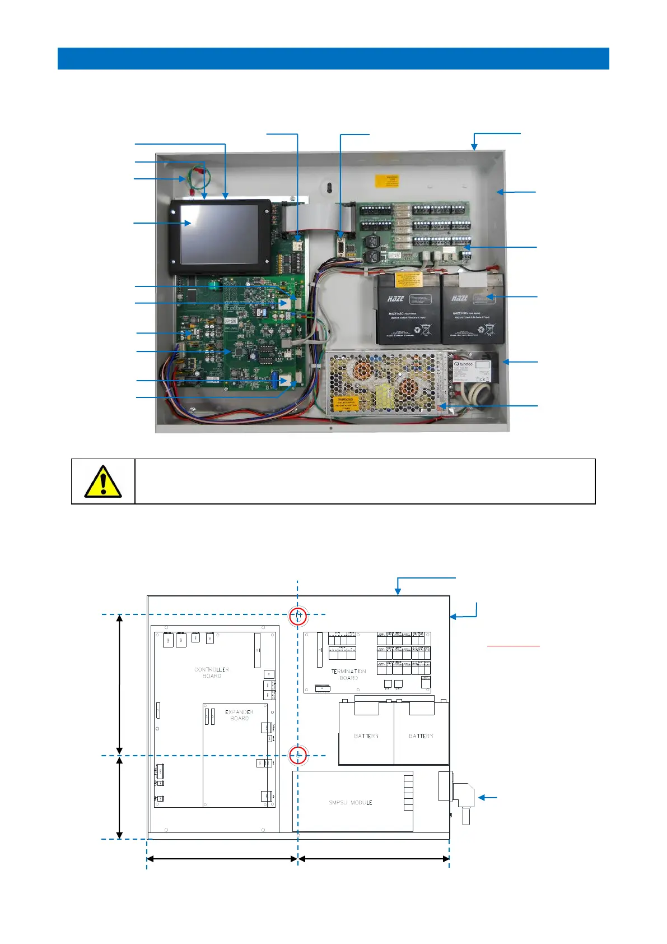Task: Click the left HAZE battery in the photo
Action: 407,309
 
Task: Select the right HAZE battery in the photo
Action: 473,309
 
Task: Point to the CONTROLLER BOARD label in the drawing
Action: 212,673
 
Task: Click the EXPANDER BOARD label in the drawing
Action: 239,715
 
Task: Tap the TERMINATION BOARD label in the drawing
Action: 348,674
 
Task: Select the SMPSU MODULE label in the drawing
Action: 351,803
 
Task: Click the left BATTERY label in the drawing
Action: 366,736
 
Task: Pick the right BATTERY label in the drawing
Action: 421,736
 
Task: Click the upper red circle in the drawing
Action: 298,616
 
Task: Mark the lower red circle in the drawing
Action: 298,756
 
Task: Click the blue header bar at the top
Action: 333,58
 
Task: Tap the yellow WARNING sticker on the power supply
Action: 346,403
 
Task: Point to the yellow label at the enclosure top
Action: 386,181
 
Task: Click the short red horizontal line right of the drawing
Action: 513,646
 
